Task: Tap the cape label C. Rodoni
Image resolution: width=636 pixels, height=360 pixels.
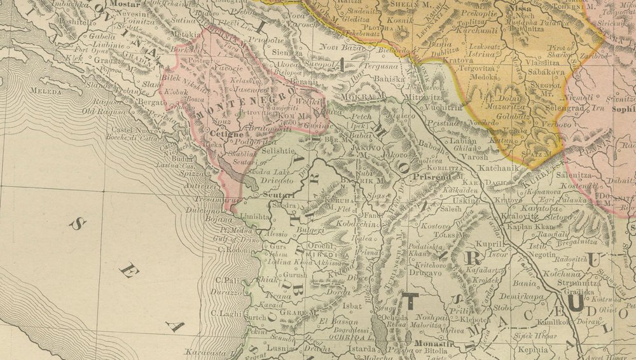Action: [x=233, y=249]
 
